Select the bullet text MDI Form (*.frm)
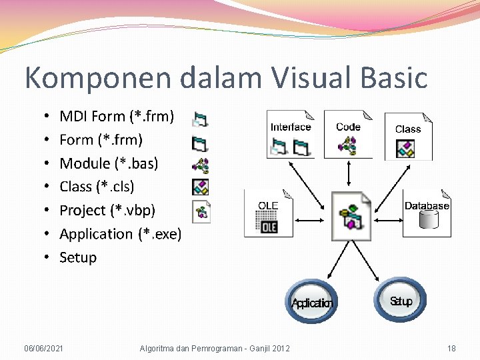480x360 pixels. pos(117,117)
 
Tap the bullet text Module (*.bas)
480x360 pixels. pos(109,163)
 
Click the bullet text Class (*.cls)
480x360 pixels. pos(97,187)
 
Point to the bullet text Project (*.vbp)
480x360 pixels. pos(107,211)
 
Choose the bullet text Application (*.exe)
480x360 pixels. pos(120,234)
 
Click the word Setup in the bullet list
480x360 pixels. pos(78,257)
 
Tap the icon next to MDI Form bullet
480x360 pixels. pos(200,119)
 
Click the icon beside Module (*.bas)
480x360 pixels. pos(201,165)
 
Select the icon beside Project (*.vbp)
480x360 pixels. pos(201,211)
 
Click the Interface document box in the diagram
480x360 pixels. pos(291,134)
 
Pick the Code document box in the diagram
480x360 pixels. pos(348,134)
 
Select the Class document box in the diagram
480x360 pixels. pos(408,137)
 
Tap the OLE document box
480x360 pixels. pos(268,213)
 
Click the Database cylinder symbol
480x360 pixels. pos(427,220)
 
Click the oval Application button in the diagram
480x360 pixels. pos(311,302)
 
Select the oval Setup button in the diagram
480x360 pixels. pos(401,301)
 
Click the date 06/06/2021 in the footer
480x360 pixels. pos(44,348)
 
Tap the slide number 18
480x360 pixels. pos(451,348)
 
